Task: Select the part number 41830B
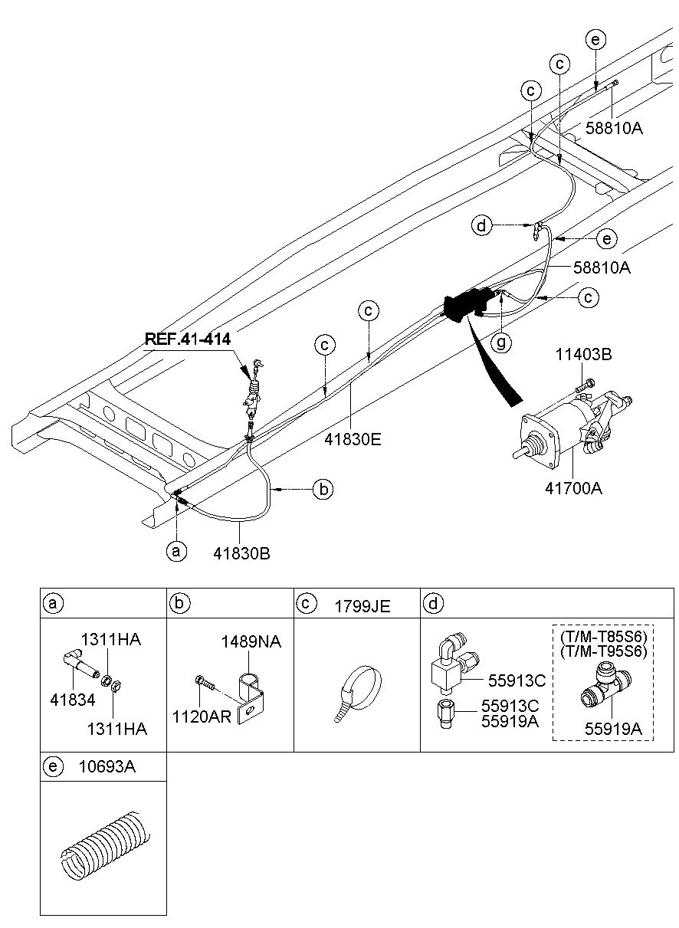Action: [x=243, y=552]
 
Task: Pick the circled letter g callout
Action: [x=500, y=343]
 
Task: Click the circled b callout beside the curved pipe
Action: [x=323, y=490]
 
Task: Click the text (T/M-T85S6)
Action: [x=603, y=637]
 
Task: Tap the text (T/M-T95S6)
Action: [x=603, y=651]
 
